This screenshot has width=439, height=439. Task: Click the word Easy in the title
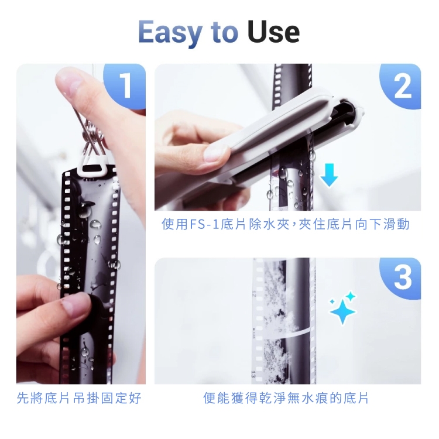tap(170, 32)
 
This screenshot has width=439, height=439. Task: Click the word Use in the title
tap(273, 32)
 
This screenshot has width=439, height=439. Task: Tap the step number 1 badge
tap(125, 85)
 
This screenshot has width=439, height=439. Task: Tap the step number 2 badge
tap(401, 86)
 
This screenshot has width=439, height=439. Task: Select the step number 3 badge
tap(401, 277)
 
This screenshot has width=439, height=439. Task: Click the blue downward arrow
tap(329, 174)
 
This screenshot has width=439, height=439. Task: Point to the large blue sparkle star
tap(342, 311)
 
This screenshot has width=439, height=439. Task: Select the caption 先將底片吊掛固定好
tap(79, 398)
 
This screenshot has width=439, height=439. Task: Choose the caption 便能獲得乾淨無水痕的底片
tap(286, 398)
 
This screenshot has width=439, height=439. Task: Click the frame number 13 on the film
tap(253, 373)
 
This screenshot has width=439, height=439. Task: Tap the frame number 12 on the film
tap(254, 293)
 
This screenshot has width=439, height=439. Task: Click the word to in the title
tap(224, 33)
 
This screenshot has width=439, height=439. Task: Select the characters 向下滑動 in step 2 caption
tap(382, 224)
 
